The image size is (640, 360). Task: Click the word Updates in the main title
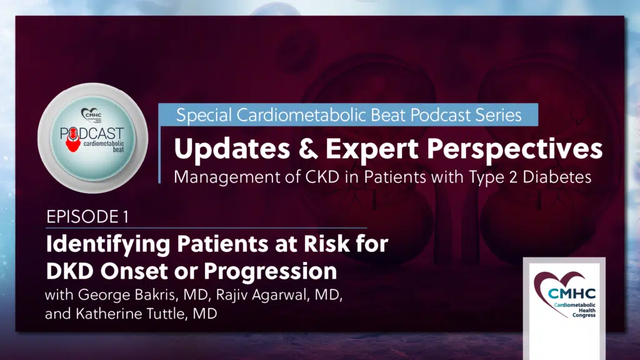pyautogui.click(x=232, y=149)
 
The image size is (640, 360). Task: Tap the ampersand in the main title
pyautogui.click(x=307, y=149)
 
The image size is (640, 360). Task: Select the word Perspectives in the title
pyautogui.click(x=515, y=149)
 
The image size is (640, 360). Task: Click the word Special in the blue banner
pyautogui.click(x=204, y=116)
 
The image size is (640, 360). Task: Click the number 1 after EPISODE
pyautogui.click(x=126, y=217)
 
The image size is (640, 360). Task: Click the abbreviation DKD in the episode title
pyautogui.click(x=70, y=271)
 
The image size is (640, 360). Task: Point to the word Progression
pyautogui.click(x=270, y=272)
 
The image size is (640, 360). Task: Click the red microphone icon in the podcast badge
pyautogui.click(x=73, y=139)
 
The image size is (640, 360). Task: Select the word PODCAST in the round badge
pyautogui.click(x=92, y=134)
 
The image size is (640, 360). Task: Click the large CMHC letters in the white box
pyautogui.click(x=571, y=293)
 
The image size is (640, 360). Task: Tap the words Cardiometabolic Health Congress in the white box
pyautogui.click(x=575, y=310)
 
